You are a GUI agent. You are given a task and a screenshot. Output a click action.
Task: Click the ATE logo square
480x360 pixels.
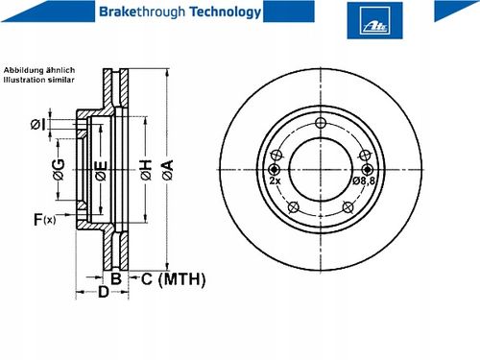tap(374, 20)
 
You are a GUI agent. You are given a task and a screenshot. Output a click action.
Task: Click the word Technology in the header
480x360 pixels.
tap(226, 12)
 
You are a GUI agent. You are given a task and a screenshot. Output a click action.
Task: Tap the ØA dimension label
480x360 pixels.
tap(167, 170)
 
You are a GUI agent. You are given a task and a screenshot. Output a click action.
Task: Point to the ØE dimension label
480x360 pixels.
tap(101, 170)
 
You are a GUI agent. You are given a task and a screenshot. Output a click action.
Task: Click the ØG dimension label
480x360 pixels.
tap(59, 169)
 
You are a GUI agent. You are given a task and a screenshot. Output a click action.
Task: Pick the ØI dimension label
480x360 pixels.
tap(37, 125)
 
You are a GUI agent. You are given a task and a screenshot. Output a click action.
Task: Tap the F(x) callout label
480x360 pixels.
tap(44, 220)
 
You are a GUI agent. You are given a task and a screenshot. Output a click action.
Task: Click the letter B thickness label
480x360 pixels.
tap(116, 278)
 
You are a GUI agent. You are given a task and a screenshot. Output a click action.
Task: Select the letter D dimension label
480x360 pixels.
tap(103, 292)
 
